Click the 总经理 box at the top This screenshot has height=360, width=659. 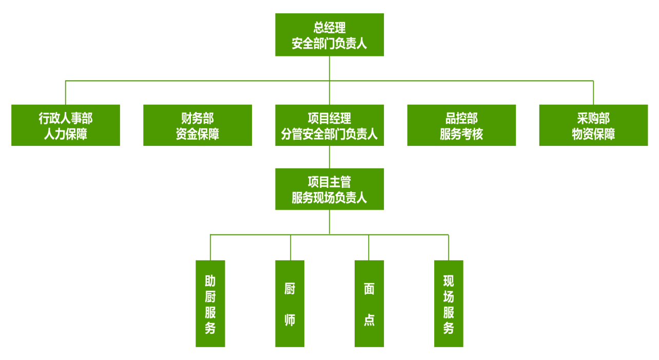tap(329, 34)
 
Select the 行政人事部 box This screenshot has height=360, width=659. tap(66, 125)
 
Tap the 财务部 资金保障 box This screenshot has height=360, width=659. tap(198, 125)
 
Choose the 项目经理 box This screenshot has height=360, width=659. tap(329, 125)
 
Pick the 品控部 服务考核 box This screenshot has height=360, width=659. tap(461, 125)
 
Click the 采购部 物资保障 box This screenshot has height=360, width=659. tap(593, 125)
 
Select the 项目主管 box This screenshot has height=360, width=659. tap(329, 189)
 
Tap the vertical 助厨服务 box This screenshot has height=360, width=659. tap(210, 304)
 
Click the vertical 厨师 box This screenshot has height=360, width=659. tap(290, 304)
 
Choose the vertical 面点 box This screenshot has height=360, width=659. tap(369, 304)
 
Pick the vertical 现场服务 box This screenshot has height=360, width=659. tap(449, 304)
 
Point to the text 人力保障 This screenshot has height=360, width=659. tap(66, 135)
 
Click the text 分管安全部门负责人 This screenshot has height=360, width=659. tap(329, 135)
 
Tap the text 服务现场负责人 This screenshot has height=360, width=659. tap(329, 198)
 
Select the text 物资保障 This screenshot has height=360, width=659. tap(593, 135)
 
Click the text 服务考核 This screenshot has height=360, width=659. tap(461, 135)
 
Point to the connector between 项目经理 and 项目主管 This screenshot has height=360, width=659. tap(329, 157)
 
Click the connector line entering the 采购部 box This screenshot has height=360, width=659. tap(593, 93)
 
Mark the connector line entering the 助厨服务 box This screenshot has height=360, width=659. tap(210, 248)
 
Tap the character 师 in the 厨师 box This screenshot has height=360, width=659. tap(290, 320)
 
